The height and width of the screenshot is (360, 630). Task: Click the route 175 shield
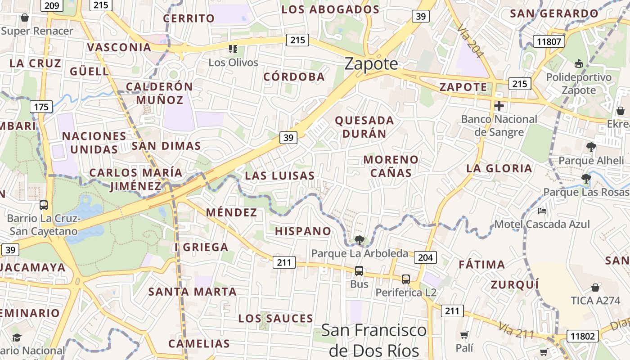[x=41, y=107]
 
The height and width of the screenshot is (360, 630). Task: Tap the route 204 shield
[x=425, y=257]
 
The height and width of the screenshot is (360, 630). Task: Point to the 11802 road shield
[x=582, y=336]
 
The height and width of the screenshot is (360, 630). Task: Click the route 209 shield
[x=52, y=5]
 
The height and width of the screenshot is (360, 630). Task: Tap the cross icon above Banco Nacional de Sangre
[x=499, y=106]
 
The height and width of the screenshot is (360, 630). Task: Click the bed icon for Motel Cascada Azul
[x=542, y=211]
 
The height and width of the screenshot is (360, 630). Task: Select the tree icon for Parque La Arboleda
[x=359, y=240]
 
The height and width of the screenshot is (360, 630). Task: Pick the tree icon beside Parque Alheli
[x=591, y=147]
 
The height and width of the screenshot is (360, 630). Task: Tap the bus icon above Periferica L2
[x=406, y=279]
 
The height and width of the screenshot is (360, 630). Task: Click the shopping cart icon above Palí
[x=464, y=335]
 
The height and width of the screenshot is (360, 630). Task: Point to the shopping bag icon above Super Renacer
[x=25, y=18]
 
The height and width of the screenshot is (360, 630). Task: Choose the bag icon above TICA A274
[x=595, y=287]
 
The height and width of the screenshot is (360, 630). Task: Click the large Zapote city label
[x=371, y=64]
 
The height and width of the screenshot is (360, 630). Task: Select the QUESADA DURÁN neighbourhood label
[x=364, y=127]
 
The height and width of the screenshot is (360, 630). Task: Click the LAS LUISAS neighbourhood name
[x=279, y=175]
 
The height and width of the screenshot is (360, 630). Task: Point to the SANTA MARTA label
[x=193, y=292]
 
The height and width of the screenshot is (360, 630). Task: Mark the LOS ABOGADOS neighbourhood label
[x=331, y=9]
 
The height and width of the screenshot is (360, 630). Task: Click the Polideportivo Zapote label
[x=579, y=84]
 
